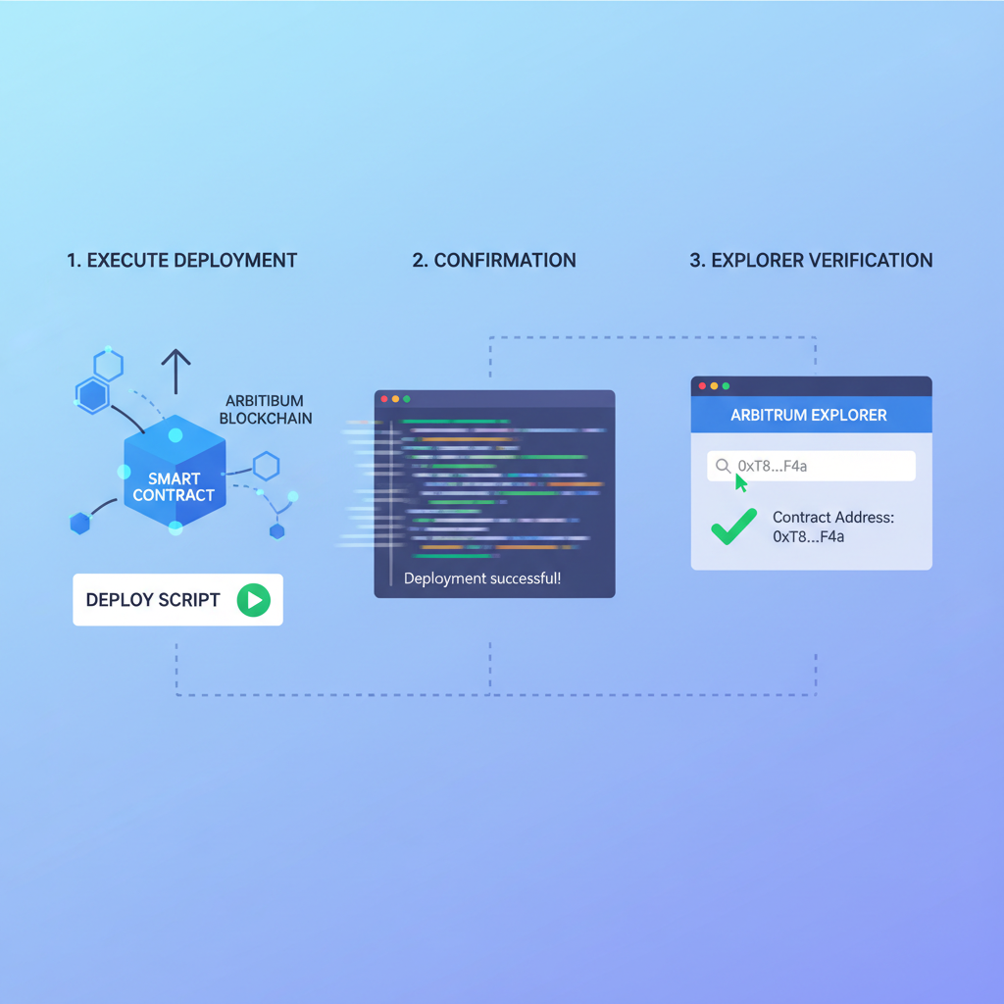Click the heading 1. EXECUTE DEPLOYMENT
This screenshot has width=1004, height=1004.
182,261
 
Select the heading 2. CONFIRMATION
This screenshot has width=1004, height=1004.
494,261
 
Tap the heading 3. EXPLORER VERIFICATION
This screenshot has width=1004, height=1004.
811,261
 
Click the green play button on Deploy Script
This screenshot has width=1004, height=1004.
253,600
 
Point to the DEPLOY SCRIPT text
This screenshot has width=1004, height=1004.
153,600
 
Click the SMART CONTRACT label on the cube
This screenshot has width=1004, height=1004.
174,487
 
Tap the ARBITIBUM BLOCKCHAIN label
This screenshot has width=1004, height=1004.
266,410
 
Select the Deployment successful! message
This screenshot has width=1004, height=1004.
482,578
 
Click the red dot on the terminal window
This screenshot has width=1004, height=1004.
383,399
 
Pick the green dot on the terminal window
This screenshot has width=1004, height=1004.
407,399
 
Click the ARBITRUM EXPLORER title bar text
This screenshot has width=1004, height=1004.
809,415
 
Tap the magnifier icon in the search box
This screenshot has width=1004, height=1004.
723,466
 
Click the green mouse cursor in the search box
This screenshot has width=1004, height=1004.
740,481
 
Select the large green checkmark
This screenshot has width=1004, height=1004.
734,527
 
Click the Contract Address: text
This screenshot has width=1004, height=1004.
833,518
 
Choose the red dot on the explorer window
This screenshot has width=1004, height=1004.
702,386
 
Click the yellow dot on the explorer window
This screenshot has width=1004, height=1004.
714,386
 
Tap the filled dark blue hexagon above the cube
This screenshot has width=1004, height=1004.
92,396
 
